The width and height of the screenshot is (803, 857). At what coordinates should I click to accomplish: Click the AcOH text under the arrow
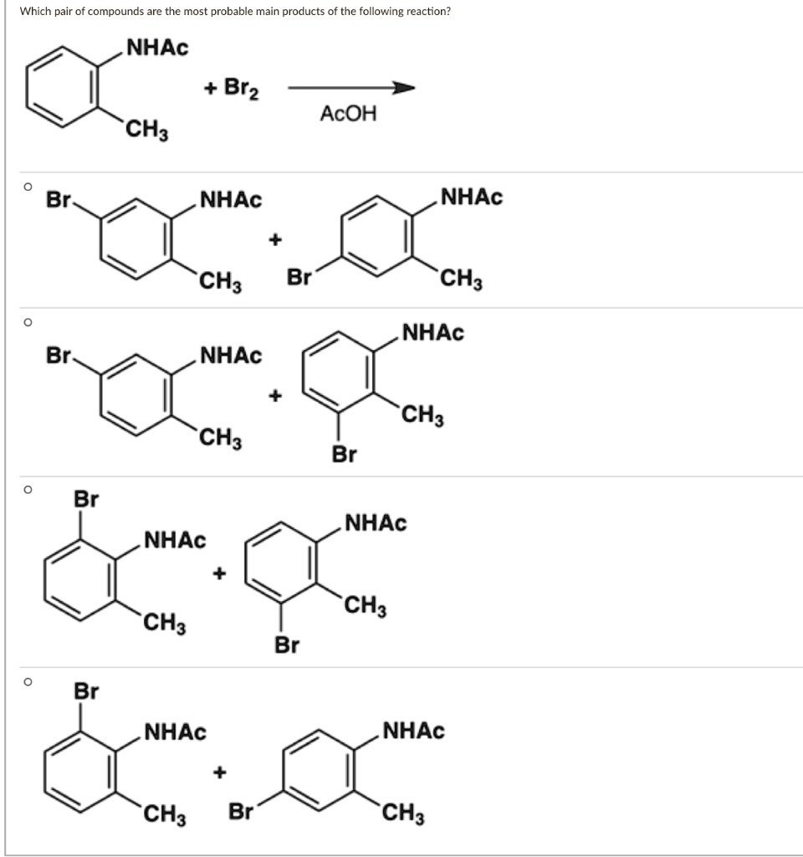(348, 115)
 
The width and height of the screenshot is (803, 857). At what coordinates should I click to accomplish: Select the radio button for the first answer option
(28, 187)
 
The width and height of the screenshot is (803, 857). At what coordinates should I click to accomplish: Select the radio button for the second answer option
(28, 321)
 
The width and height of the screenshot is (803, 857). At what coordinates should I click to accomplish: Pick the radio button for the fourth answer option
(28, 682)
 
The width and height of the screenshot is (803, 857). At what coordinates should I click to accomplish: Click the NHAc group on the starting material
(157, 48)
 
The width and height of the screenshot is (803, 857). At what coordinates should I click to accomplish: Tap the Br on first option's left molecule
(59, 200)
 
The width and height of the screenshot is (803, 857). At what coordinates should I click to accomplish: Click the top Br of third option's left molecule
(86, 499)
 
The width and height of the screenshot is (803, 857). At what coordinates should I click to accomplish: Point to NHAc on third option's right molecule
(375, 524)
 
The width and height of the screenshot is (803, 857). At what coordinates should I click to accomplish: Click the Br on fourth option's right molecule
(241, 810)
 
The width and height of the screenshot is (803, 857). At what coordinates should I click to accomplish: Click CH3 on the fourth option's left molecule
(164, 813)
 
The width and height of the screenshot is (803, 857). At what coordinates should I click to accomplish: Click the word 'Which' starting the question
(34, 13)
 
